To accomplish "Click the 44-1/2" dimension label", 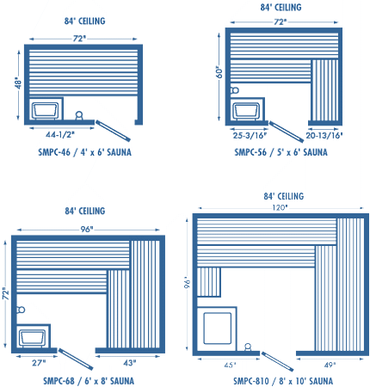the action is click(x=60, y=134).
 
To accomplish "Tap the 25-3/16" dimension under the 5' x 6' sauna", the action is click(x=250, y=135).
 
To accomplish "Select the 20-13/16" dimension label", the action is click(x=324, y=135).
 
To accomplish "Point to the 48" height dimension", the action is click(x=18, y=83).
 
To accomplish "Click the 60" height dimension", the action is click(x=219, y=73).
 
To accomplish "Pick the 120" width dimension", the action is click(x=280, y=207).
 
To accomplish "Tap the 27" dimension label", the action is click(x=39, y=363).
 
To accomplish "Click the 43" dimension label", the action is click(x=130, y=363).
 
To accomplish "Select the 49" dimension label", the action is click(x=330, y=365).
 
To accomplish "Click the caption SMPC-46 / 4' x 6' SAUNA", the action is click(x=85, y=152).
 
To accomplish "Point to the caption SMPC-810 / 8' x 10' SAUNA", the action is click(x=283, y=381).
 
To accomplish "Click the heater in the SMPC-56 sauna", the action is click(x=246, y=110).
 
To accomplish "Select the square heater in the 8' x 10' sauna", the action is click(x=217, y=329).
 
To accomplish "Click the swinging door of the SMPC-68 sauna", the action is click(x=76, y=359).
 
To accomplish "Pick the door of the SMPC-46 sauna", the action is click(x=113, y=131).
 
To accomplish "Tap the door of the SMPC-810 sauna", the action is click(x=277, y=361).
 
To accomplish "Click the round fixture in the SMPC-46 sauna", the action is click(x=79, y=115).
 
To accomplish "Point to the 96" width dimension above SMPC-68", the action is click(x=87, y=230).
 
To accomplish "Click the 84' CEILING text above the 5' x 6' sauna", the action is click(x=281, y=7).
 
